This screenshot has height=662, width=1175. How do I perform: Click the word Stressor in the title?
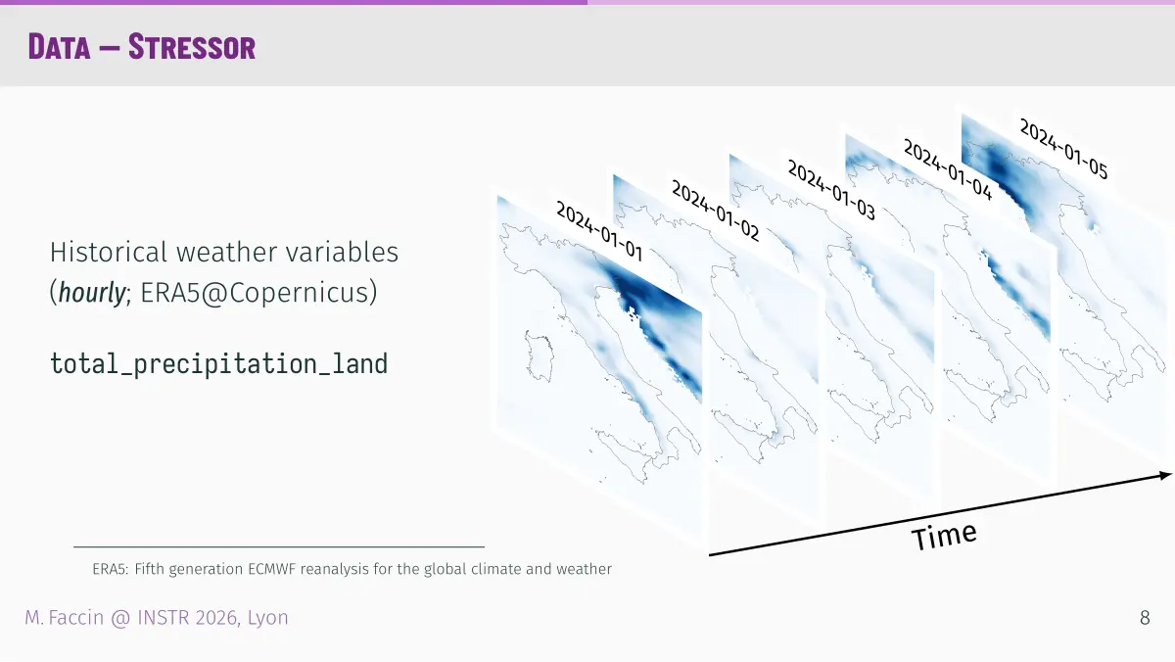[192, 47]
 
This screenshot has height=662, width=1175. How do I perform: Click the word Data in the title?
[60, 47]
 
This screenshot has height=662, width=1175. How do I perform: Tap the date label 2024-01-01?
[599, 231]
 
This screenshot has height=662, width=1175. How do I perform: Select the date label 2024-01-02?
[716, 211]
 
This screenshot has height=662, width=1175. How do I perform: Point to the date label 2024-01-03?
[831, 190]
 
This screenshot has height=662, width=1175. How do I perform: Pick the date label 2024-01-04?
[948, 169]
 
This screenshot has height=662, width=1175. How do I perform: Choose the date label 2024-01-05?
[1063, 149]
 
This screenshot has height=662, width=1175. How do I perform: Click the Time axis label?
[944, 536]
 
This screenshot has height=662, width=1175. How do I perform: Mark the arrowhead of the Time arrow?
[1165, 475]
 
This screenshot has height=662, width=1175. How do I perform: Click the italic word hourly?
[92, 292]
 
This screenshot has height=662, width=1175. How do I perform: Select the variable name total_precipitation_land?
[218, 364]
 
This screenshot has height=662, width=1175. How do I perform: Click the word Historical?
[109, 252]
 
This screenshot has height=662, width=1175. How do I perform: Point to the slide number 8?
[1145, 618]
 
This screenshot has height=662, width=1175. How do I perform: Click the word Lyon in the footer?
[268, 618]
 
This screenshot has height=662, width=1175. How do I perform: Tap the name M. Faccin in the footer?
[65, 618]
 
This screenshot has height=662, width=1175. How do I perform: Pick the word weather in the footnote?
[584, 569]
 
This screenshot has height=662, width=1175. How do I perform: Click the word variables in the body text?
[342, 252]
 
